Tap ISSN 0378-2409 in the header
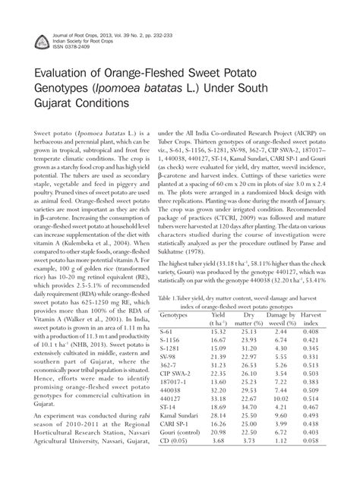coord(63,47)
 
